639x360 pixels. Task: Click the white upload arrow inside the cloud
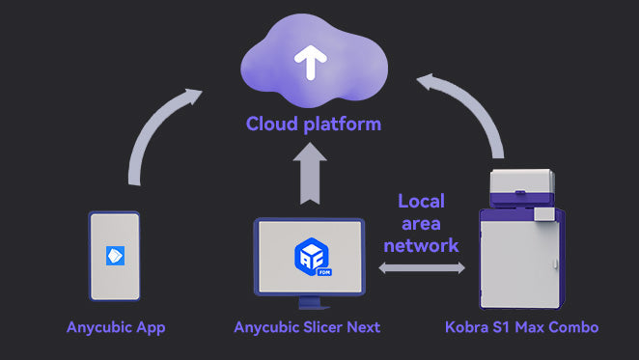pyautogui.click(x=311, y=63)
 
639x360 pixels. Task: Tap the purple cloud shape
pyautogui.click(x=314, y=61)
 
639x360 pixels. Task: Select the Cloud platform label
pyautogui.click(x=314, y=124)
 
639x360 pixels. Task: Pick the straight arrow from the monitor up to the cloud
pyautogui.click(x=310, y=174)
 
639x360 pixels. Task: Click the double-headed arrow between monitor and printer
pyautogui.click(x=422, y=268)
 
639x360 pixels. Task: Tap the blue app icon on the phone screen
pyautogui.click(x=115, y=256)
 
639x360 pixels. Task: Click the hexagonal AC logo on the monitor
pyautogui.click(x=312, y=257)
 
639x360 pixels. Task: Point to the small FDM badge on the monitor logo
pyautogui.click(x=324, y=272)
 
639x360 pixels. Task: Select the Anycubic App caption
pyautogui.click(x=116, y=328)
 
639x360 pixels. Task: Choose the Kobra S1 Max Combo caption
pyautogui.click(x=521, y=327)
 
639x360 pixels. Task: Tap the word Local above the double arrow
pyautogui.click(x=422, y=201)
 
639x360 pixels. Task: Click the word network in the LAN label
pyautogui.click(x=422, y=245)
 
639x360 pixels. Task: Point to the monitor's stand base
pyautogui.click(x=312, y=303)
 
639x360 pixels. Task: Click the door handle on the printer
pyautogui.click(x=555, y=263)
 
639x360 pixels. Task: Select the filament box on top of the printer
pyautogui.click(x=522, y=187)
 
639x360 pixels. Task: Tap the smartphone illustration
pyautogui.click(x=115, y=256)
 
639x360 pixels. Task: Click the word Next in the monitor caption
pyautogui.click(x=364, y=327)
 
